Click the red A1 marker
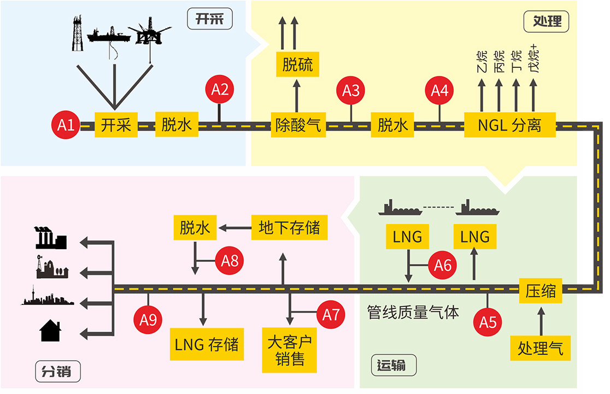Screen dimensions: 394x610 [x=66, y=125]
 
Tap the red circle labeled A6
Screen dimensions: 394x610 [x=443, y=265]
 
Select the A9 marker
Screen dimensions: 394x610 [x=148, y=319]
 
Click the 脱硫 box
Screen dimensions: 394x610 [x=297, y=65]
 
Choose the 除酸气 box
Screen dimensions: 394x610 [x=298, y=125]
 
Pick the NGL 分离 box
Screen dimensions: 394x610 [x=509, y=125]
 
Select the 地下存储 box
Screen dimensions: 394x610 [x=289, y=227]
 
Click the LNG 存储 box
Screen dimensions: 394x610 [x=206, y=345]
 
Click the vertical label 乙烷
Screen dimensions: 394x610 [x=482, y=61]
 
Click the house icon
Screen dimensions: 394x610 [x=50, y=331]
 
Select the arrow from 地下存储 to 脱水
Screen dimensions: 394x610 [x=234, y=227]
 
